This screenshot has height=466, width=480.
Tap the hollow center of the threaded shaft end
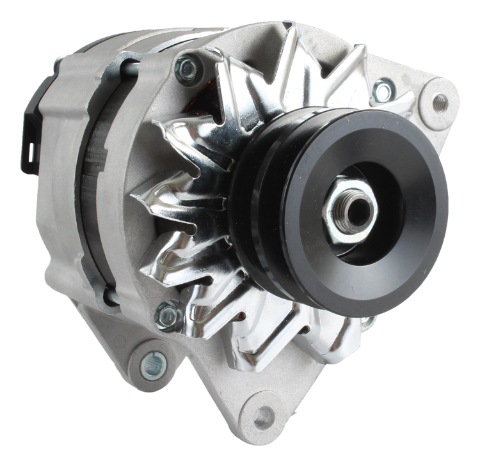[x=354, y=210]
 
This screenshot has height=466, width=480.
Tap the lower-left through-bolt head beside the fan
[x=168, y=315]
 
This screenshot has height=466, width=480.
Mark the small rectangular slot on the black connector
[x=29, y=152]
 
